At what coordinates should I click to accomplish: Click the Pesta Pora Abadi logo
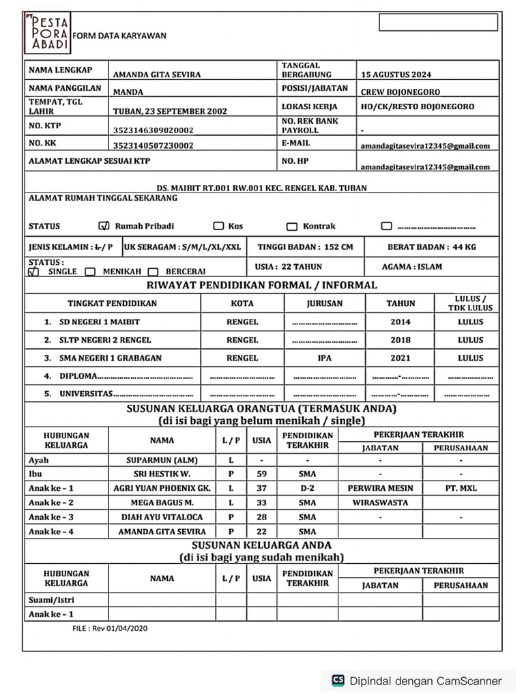click(x=47, y=35)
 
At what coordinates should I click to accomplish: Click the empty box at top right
click(x=438, y=23)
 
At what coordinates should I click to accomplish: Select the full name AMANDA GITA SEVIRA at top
click(x=157, y=74)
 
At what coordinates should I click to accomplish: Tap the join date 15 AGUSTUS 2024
click(x=396, y=74)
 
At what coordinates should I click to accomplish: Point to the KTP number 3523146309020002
click(x=153, y=130)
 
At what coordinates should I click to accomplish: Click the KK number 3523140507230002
click(x=153, y=145)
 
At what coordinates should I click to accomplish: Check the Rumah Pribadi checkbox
click(x=104, y=227)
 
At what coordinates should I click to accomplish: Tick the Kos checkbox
click(x=218, y=227)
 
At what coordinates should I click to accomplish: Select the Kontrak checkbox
click(x=292, y=227)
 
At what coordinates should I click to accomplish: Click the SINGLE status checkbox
click(x=33, y=272)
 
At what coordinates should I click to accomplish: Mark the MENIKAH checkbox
click(x=90, y=272)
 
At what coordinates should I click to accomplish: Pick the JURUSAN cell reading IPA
click(x=324, y=358)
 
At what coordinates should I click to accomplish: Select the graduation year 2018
click(x=401, y=340)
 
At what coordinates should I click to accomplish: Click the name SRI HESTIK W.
click(x=162, y=474)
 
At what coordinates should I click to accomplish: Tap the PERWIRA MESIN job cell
click(x=379, y=488)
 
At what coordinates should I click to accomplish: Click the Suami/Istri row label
click(x=52, y=600)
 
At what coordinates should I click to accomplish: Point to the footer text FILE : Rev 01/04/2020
click(x=110, y=628)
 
